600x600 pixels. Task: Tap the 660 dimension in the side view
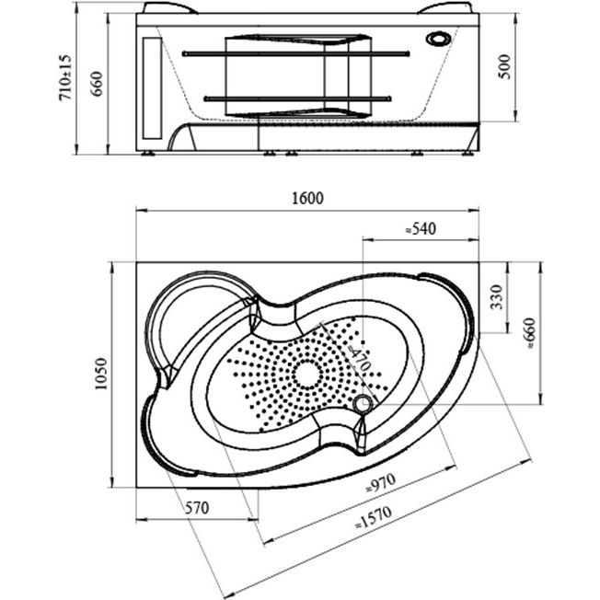tap(95, 84)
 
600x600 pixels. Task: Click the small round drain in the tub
tap(363, 403)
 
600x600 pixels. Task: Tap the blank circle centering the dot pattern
tap(305, 374)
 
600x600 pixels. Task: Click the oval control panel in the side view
tap(440, 40)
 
